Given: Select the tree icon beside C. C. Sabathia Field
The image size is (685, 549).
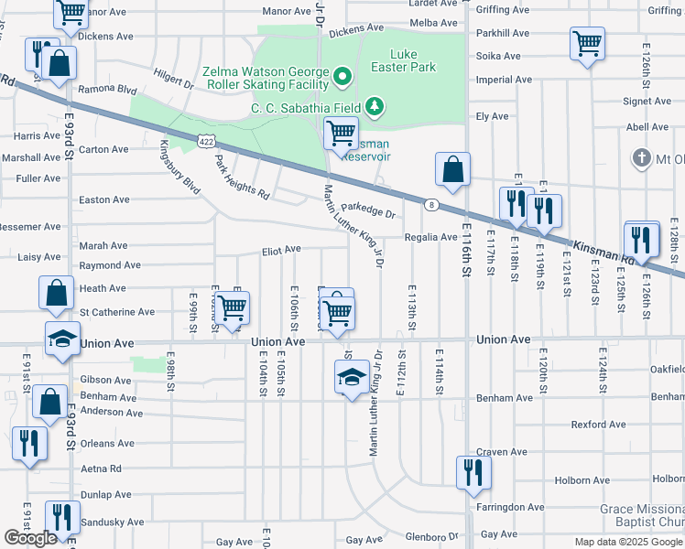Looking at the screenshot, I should [375, 108].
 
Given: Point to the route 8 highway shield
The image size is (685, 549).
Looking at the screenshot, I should [429, 205].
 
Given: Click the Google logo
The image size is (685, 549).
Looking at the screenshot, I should [31, 538].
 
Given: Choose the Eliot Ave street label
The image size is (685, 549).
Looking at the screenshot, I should [281, 249].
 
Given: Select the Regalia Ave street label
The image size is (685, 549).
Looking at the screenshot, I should [430, 237].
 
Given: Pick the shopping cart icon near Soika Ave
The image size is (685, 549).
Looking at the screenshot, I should [587, 42].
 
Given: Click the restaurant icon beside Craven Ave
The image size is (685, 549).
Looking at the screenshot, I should [473, 472].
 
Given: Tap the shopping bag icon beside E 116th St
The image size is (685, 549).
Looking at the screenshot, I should [453, 168].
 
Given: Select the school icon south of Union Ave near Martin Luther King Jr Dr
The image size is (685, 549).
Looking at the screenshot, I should [351, 376].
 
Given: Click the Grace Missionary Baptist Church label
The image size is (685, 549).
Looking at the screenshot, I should [641, 516].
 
